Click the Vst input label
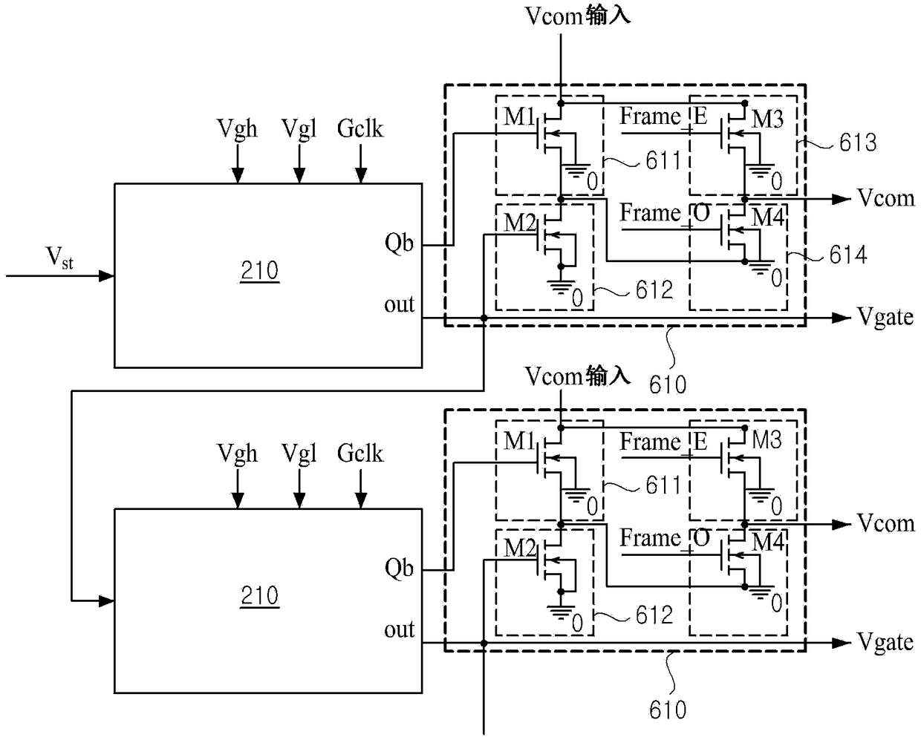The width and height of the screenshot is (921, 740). (59, 258)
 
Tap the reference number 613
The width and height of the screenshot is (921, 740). (858, 143)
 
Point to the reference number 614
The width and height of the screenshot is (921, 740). (847, 255)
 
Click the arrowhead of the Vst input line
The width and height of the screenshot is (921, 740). (106, 276)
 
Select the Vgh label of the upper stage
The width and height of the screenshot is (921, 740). (237, 128)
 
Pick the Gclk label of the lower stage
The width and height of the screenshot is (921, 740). (360, 453)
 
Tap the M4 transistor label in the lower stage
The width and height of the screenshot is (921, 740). (768, 542)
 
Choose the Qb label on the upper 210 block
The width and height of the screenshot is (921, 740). (400, 243)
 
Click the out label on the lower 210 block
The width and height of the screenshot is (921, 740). (400, 629)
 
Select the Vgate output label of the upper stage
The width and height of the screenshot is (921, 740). (885, 318)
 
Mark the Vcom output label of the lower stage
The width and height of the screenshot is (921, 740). (885, 523)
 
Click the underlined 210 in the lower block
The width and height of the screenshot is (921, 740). (260, 595)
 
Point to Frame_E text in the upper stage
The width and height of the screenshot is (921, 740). (663, 117)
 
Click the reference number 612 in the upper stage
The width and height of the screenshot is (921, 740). (654, 289)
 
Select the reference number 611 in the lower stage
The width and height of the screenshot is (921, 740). (663, 485)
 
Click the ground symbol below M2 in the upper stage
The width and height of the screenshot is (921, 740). (561, 287)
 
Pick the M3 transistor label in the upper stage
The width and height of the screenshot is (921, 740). (767, 119)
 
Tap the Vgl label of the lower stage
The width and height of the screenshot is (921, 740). (299, 454)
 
